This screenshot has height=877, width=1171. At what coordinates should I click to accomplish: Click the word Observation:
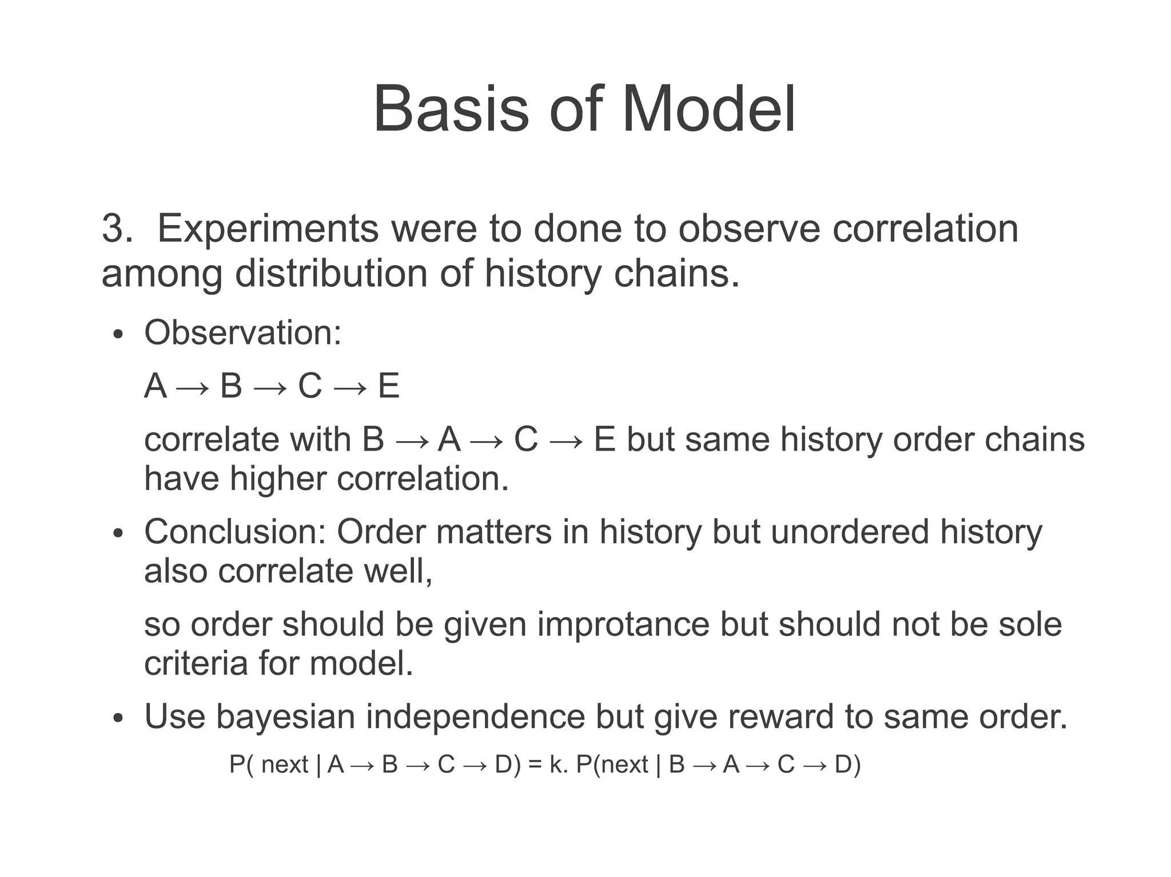[242, 333]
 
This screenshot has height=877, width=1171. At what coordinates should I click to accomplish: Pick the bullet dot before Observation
[118, 335]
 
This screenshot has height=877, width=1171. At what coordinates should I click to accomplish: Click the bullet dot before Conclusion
[118, 534]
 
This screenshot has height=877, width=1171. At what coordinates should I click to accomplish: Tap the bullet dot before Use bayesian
[118, 719]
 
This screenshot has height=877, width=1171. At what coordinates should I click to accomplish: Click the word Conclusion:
[234, 532]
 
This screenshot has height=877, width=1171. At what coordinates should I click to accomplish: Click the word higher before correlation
[277, 478]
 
